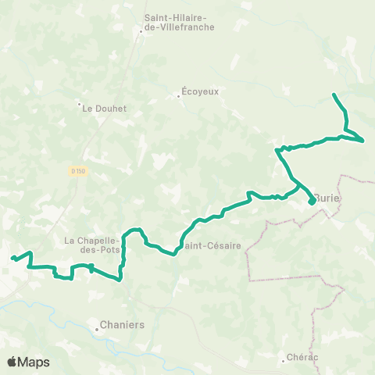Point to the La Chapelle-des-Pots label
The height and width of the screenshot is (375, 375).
95,245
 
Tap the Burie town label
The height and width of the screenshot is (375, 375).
328,198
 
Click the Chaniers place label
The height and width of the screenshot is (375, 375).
123,324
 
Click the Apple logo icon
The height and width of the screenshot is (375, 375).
13,362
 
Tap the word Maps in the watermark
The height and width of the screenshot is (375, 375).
34,362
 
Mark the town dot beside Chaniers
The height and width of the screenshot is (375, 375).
98,329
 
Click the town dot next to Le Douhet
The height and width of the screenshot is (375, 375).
79,102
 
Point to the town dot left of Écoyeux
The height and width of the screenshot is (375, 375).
177,98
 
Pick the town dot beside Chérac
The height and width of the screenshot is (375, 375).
283,361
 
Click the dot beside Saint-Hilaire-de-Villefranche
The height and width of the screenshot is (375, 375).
141,32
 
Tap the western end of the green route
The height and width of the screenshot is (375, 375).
12,258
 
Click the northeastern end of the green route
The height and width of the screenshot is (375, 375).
334,95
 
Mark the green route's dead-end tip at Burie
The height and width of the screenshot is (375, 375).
312,203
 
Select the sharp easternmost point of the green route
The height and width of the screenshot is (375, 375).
363,141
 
